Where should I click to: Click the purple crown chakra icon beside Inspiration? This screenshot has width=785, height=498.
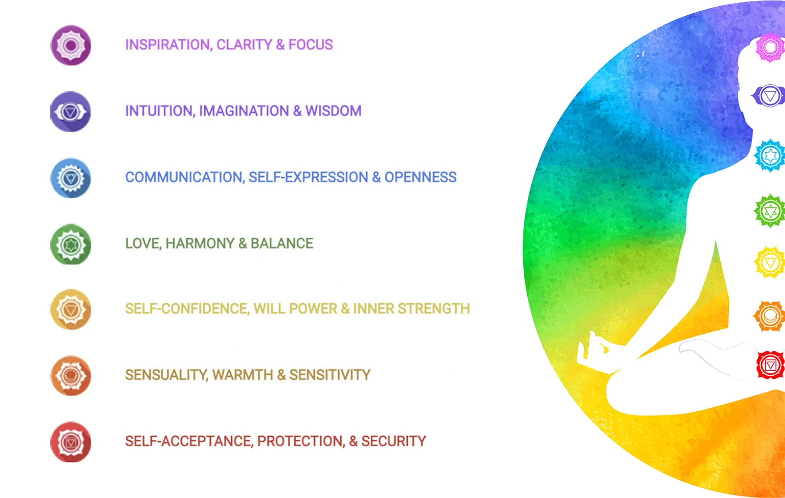coord(71,45)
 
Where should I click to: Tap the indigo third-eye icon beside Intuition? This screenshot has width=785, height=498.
coord(71,112)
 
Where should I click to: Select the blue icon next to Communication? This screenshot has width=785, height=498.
coord(71,177)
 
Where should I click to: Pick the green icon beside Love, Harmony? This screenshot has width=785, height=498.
coord(71,244)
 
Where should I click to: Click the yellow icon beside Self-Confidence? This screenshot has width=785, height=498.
coord(71,309)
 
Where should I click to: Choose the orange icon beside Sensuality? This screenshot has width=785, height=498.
coord(71,376)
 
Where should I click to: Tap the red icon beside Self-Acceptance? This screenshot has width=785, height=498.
coord(71,442)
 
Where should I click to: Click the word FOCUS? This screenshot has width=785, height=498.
coord(310,45)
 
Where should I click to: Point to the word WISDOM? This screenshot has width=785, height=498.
coord(333,111)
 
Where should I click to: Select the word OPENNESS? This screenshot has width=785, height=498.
coord(420,177)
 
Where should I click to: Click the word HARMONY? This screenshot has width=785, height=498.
coord(200,243)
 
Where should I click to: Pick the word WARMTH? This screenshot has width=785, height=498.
coord(242,375)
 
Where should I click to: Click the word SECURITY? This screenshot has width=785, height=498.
coord(394,441)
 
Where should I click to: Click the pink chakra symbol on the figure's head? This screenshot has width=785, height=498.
coord(770,47)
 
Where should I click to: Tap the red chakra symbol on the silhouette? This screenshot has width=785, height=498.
coord(770,365)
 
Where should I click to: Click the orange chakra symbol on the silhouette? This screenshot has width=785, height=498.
coord(769,316)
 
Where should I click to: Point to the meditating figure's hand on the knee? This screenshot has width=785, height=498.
coord(592,350)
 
